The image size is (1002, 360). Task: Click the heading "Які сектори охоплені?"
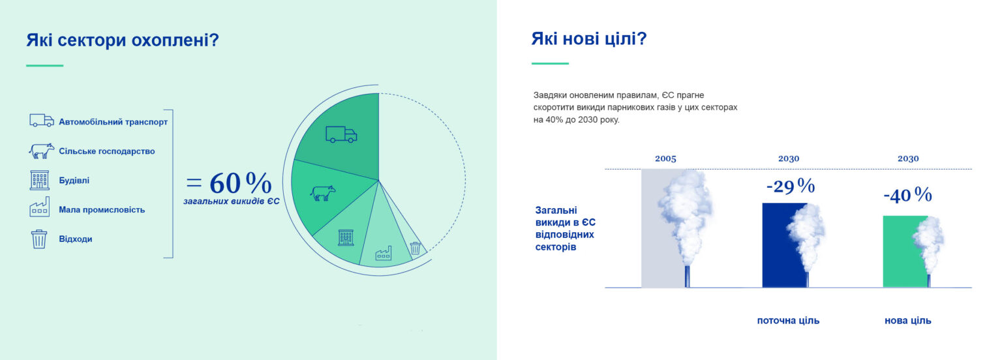(122, 40)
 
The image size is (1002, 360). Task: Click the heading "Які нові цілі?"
(588, 39)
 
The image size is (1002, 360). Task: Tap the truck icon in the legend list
(42, 121)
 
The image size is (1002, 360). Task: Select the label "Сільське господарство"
(107, 151)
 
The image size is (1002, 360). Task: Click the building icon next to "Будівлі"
(40, 180)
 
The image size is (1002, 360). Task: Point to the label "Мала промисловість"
(102, 210)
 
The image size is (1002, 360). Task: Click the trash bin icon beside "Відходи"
(39, 239)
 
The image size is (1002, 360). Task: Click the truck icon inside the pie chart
(341, 135)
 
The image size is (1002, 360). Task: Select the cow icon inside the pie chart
(322, 193)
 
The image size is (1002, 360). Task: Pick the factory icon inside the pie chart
(383, 254)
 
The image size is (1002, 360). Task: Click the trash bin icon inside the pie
(415, 248)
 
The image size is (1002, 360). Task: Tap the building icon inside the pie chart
(345, 237)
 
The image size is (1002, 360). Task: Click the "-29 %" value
(790, 187)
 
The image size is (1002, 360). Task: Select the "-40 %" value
(907, 195)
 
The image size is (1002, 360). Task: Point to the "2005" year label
(665, 158)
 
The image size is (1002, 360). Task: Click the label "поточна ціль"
(788, 321)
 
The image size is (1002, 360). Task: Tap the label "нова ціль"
(907, 321)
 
